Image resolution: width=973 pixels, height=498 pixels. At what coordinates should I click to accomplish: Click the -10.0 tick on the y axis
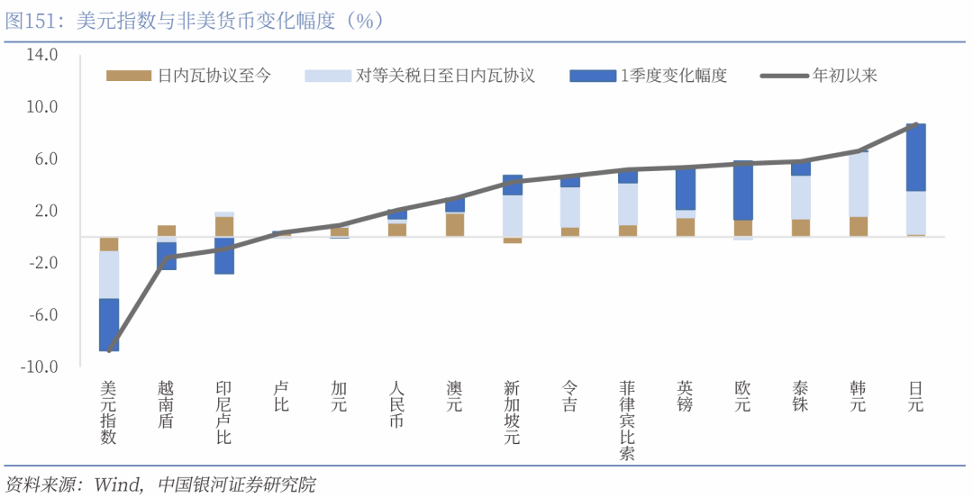point(41,367)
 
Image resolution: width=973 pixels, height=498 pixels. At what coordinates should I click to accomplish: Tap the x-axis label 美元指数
point(109,412)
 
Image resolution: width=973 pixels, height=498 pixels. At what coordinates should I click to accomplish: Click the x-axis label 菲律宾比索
point(628,420)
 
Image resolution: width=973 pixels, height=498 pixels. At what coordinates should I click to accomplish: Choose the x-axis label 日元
point(916,396)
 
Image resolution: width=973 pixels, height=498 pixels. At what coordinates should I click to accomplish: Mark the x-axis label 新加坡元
point(513,412)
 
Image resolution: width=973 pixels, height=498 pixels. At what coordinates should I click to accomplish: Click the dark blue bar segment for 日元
point(916,158)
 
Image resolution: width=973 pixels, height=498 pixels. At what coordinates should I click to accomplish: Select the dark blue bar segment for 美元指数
point(109,324)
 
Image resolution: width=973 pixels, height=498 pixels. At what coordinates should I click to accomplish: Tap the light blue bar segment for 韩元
point(859,185)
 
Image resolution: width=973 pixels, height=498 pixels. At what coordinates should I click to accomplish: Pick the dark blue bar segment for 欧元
point(743,191)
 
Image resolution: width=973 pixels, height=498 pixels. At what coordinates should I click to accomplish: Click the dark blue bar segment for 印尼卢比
point(224,255)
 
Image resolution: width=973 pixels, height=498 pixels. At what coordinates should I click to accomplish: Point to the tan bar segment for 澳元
point(455,224)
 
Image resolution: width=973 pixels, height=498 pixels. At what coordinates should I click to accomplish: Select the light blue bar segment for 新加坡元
point(513,215)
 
